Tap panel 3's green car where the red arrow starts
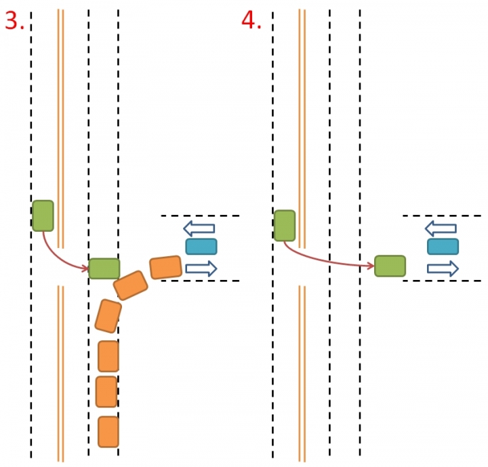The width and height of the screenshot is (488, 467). point(43,216)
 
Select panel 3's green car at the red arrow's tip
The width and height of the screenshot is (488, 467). point(104,269)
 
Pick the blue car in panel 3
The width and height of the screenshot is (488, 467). point(201,247)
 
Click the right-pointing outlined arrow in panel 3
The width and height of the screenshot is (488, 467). point(201,268)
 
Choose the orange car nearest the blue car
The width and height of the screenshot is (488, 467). point(166,268)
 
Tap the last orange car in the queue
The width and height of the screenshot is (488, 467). point(108,432)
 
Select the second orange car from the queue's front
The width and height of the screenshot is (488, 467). point(131,285)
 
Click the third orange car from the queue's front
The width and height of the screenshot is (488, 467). point(108,315)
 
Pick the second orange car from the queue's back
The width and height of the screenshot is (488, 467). point(107,391)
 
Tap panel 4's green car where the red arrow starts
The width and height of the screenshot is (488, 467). point(285,226)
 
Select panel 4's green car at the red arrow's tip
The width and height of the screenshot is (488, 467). point(390,266)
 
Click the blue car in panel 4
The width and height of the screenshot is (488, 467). point(443,247)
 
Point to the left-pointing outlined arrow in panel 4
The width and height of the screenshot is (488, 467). point(441,228)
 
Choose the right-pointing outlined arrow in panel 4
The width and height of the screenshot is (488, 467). point(443,268)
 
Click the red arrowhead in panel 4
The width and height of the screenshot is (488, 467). point(371,266)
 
